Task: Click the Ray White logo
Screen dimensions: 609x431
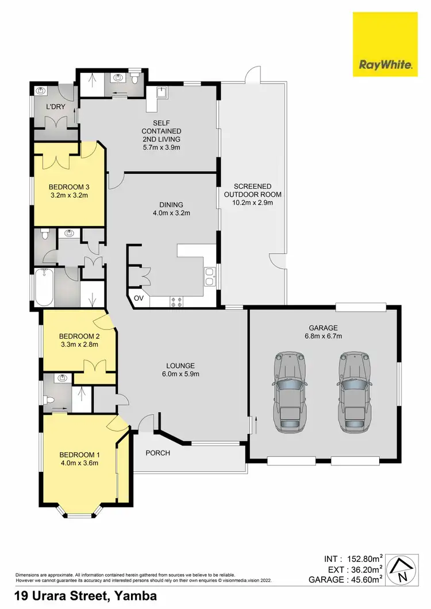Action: (386, 45)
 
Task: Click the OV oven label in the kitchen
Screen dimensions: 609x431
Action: (138, 298)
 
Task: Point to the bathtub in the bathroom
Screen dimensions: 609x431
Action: (43, 288)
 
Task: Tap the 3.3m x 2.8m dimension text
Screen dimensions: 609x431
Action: (80, 345)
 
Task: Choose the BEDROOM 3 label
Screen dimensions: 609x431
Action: (68, 187)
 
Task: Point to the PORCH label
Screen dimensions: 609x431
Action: (157, 453)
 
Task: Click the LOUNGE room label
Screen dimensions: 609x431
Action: (180, 366)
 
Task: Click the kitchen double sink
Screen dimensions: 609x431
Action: (210, 276)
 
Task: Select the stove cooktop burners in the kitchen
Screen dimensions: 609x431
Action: (175, 301)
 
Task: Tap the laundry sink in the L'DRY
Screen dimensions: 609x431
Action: (41, 91)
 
